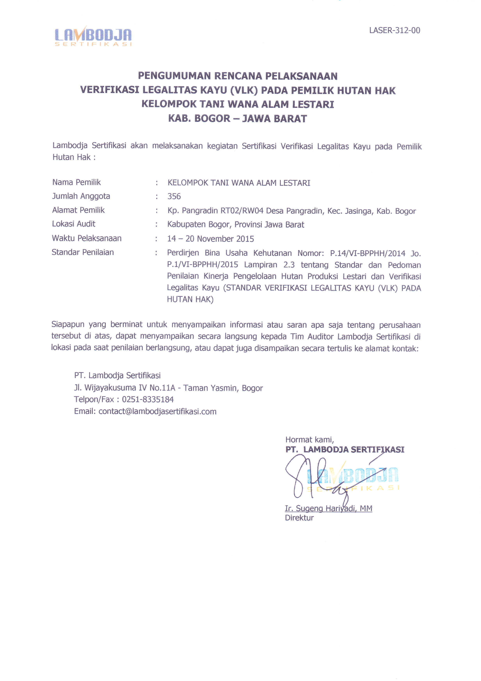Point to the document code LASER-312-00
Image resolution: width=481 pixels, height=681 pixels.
coord(395,30)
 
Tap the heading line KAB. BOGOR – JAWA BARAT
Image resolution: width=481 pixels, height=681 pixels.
coord(237,118)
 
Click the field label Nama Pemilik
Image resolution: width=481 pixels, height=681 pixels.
coord(76,182)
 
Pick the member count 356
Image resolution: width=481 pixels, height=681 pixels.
coord(174,196)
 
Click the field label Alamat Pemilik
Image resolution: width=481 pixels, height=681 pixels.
coord(78,210)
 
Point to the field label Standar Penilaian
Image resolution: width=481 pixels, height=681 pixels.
coord(83,252)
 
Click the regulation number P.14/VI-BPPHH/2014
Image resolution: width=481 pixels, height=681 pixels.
coord(367,253)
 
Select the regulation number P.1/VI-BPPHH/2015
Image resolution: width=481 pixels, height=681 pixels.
coord(202,265)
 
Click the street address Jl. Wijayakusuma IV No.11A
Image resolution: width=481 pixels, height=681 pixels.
coord(124,388)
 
